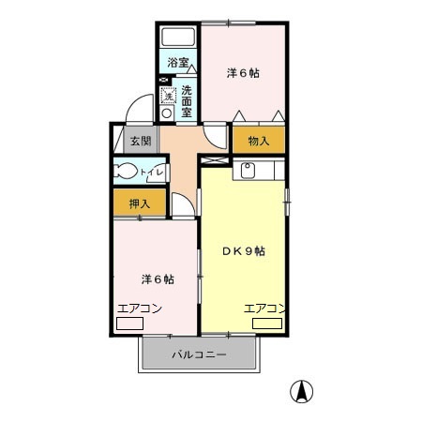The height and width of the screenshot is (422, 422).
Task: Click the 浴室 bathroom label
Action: pyautogui.click(x=178, y=63)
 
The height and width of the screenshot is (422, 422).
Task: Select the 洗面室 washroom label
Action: pyautogui.click(x=188, y=101)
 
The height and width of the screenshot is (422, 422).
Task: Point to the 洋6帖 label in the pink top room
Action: pyautogui.click(x=244, y=72)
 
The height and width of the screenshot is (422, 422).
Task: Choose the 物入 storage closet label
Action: pyautogui.click(x=259, y=141)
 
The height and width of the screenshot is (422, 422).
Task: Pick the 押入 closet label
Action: pyautogui.click(x=140, y=203)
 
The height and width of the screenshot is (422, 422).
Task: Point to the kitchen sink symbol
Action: pyautogui.click(x=249, y=170)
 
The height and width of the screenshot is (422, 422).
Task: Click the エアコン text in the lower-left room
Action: pyautogui.click(x=140, y=308)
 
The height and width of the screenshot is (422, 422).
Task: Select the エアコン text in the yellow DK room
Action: pyautogui.click(x=264, y=308)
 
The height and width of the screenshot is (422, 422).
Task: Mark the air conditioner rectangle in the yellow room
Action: pyautogui.click(x=266, y=324)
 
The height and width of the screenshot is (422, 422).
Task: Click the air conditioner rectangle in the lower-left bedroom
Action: pyautogui.click(x=129, y=324)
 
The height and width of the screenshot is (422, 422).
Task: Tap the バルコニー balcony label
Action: pyautogui.click(x=199, y=354)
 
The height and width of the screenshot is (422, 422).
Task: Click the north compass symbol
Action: pyautogui.click(x=305, y=390)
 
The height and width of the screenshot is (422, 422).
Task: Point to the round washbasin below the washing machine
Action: pyautogui.click(x=167, y=113)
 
